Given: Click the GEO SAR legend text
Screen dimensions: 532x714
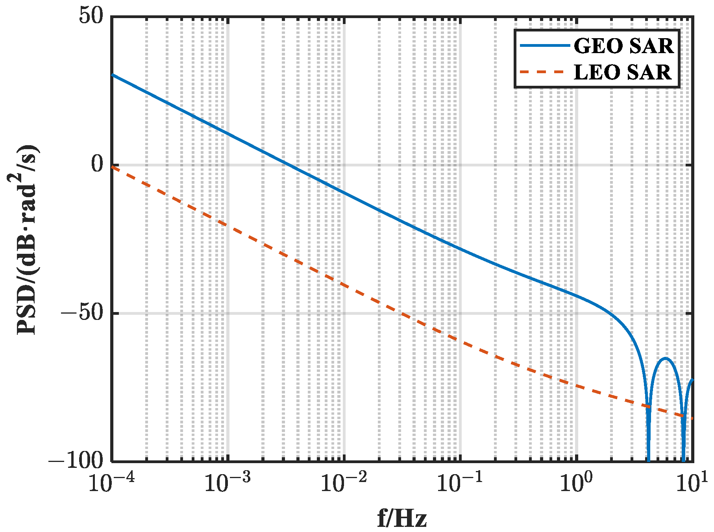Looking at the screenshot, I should [x=623, y=46].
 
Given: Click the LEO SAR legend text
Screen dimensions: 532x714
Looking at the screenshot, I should [x=622, y=72].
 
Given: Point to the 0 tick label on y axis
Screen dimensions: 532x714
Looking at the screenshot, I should [x=97, y=165].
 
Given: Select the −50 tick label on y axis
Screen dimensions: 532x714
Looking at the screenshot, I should [x=82, y=313].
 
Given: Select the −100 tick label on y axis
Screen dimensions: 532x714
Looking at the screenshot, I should [x=76, y=460].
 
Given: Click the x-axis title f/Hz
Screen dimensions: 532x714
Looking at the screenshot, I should [x=401, y=519].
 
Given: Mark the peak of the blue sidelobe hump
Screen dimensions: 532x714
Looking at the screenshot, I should [x=666, y=358].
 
